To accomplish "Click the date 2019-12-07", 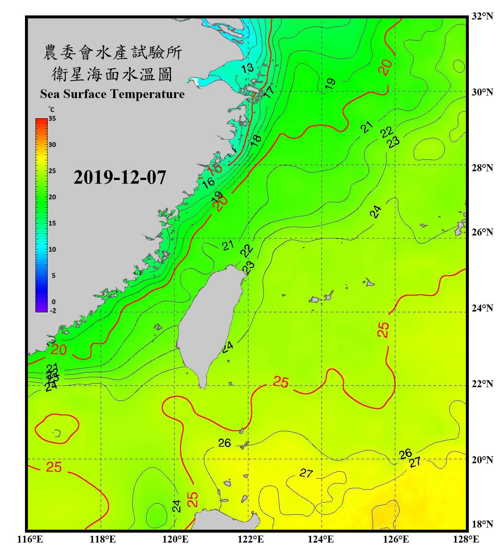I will point(120,177).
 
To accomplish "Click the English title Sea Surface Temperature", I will point(112,94).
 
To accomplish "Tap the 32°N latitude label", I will point(482,16).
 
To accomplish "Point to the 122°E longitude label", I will point(251,539).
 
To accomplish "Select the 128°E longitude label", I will point(466,539).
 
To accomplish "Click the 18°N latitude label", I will point(482,524).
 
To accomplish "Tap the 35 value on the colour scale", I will point(52,119).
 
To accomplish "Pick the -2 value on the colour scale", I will point(53,311).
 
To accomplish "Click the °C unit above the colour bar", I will point(51,109).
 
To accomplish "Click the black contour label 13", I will point(247,68).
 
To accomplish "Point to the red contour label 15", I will point(215,169).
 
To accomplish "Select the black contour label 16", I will point(208,182).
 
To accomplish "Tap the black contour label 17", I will point(269,92).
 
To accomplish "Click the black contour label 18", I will point(256,140).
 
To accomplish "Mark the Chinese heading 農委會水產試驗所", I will point(112,53).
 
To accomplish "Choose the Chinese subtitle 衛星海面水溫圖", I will point(112,74).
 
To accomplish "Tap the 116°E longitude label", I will point(30,539).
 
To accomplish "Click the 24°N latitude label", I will point(482,308).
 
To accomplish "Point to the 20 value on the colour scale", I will point(52,197).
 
